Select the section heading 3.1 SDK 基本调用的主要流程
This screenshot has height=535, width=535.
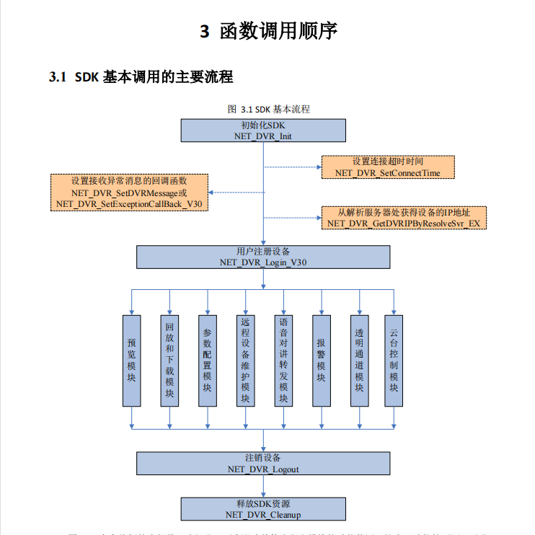(141, 76)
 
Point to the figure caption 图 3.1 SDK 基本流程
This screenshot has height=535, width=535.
(268, 109)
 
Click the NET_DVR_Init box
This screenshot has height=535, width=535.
(262, 131)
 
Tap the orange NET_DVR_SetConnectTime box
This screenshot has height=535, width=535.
(388, 167)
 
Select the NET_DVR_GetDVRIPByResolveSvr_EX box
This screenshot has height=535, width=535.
(404, 218)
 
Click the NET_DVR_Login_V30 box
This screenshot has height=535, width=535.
(262, 257)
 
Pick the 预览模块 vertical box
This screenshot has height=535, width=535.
(131, 361)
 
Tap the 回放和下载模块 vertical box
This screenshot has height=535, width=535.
(169, 361)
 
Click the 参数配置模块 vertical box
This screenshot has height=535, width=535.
(208, 361)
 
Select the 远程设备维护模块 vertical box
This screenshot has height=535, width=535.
(245, 361)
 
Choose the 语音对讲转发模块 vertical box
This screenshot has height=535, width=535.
(283, 361)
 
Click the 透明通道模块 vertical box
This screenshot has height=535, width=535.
(359, 361)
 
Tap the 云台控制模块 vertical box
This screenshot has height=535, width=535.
(394, 361)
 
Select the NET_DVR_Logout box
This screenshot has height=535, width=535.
(262, 464)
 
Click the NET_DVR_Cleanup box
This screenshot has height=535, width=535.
(262, 509)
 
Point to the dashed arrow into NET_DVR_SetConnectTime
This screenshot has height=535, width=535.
(292, 167)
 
